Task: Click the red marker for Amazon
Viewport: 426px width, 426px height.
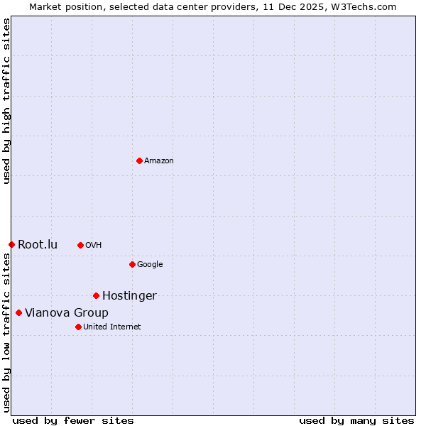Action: [139, 160]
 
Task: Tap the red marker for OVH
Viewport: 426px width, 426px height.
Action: [80, 245]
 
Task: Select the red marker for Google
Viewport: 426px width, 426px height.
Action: [132, 264]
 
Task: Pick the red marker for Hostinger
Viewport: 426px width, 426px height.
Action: [96, 295]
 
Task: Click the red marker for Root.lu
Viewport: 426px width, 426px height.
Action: [11, 244]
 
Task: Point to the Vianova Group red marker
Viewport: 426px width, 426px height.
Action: [18, 312]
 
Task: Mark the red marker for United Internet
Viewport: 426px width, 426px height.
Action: [78, 327]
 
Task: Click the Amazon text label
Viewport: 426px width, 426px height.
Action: [159, 161]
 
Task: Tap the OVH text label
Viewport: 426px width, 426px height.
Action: [94, 246]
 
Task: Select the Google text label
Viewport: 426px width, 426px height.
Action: [150, 265]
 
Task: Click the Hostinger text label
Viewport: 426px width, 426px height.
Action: [129, 296]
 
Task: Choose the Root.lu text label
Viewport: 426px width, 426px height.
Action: [38, 245]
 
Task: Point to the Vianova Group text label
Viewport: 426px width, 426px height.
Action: [67, 313]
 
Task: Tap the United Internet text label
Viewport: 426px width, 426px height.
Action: [112, 327]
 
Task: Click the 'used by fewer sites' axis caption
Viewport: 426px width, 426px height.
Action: [73, 420]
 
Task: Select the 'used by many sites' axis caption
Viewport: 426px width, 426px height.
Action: [356, 420]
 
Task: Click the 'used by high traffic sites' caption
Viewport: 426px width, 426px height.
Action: [6, 101]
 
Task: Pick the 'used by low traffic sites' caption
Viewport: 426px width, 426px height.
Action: [6, 332]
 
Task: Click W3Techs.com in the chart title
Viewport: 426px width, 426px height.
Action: [364, 7]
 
